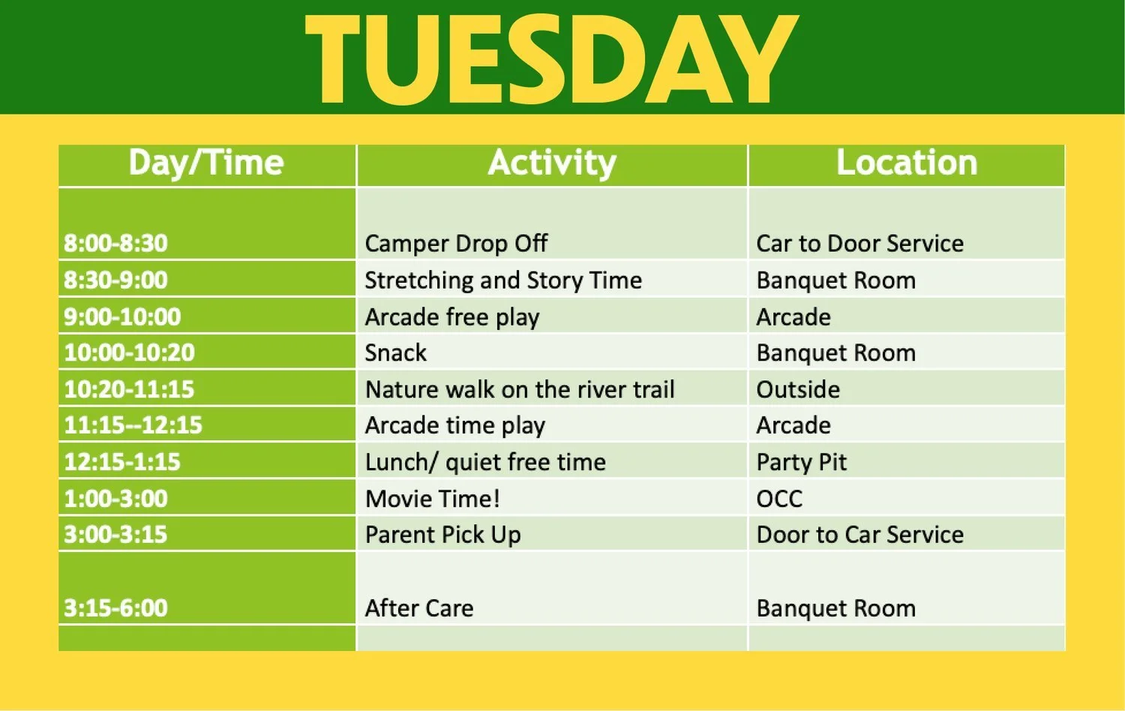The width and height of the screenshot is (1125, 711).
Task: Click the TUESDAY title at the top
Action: [x=551, y=58]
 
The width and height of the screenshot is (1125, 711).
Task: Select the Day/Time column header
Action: [x=206, y=163]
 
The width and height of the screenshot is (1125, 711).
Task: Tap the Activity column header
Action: [x=552, y=163]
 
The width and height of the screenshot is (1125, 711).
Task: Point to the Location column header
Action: [x=907, y=163]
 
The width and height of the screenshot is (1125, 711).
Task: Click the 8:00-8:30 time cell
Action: [x=115, y=243]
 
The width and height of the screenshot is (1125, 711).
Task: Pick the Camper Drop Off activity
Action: [x=456, y=243]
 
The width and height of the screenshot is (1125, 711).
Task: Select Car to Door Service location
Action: [x=859, y=243]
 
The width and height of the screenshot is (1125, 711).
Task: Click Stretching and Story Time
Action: [x=503, y=280]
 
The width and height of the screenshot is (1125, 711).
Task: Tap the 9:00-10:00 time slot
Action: [x=122, y=316]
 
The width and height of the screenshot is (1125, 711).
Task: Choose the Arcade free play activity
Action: [x=452, y=316]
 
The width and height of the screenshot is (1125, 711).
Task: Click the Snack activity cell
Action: [x=396, y=352]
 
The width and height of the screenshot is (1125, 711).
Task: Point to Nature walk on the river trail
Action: [x=520, y=389]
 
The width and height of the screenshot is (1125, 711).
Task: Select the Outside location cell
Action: [x=798, y=389]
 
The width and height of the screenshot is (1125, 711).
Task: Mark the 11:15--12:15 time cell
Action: [x=133, y=425]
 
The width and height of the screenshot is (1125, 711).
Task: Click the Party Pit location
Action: [x=801, y=462]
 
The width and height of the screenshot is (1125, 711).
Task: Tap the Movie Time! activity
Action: [x=433, y=499]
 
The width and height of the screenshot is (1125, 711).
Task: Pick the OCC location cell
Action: [x=779, y=499]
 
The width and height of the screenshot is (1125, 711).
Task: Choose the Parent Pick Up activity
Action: [x=442, y=535]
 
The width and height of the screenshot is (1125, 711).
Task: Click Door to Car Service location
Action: [x=859, y=535]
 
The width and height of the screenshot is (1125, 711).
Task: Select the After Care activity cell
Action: [x=419, y=608]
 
